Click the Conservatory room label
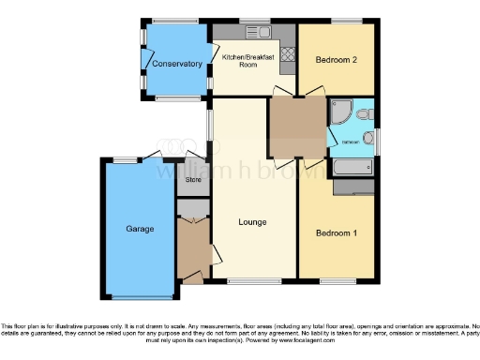[x=177, y=64]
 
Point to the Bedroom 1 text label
[x=337, y=232]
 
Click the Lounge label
[x=253, y=221]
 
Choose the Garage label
[x=140, y=229]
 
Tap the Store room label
[x=193, y=179]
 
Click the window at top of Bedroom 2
[x=347, y=20]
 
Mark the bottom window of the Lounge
[x=253, y=280]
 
